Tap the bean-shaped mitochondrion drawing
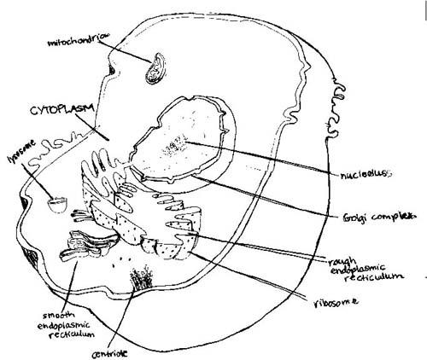[155, 68]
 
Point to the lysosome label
[21, 152]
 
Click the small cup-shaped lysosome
[57, 205]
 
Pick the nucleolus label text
[366, 174]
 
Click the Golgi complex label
[379, 218]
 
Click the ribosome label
[336, 302]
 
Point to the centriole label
[109, 354]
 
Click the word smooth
[59, 316]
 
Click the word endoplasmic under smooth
[64, 325]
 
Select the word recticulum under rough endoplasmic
[374, 276]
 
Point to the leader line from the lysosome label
[38, 182]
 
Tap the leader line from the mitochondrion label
[125, 51]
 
